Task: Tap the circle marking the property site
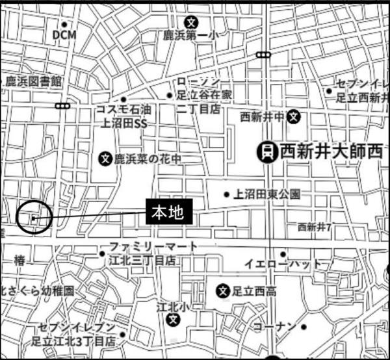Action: pos(32,218)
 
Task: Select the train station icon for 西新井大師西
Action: pos(266,152)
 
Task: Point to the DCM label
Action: pos(64,34)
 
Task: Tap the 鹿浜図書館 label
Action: pos(33,81)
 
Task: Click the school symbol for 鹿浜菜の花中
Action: pos(106,158)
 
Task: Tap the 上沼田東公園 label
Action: pos(267,194)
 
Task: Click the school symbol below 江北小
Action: pos(173,319)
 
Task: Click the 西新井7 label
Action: pos(315,227)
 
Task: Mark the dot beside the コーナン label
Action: pos(303,326)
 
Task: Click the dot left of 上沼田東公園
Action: pos(227,194)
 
